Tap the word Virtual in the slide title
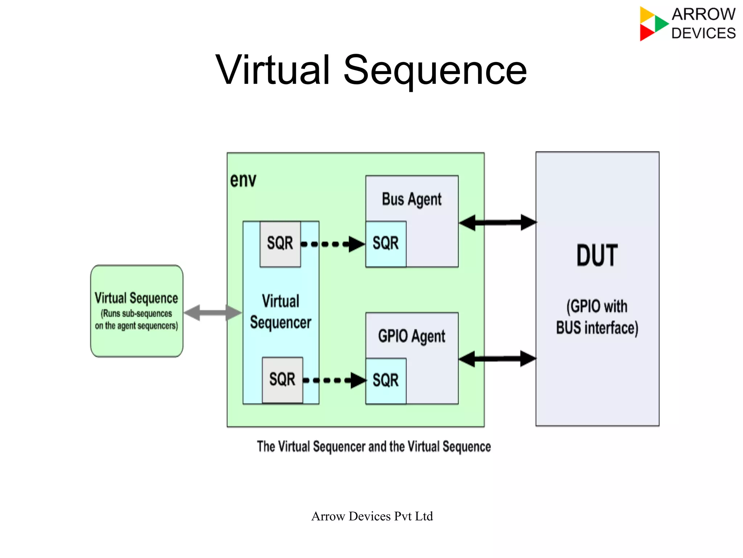click(x=272, y=70)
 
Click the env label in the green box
click(x=243, y=180)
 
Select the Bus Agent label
click(x=411, y=199)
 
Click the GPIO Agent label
click(x=411, y=336)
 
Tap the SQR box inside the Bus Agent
click(x=386, y=244)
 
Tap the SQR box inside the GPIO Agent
click(x=386, y=380)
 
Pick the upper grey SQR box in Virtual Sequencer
click(x=280, y=244)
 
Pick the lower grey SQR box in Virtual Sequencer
click(x=282, y=380)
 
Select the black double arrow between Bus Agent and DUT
click(x=497, y=223)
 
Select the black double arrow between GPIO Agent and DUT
click(x=497, y=359)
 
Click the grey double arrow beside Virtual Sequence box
click(x=213, y=313)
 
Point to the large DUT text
click(x=597, y=256)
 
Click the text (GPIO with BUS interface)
click(x=597, y=317)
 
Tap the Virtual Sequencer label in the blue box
click(x=280, y=312)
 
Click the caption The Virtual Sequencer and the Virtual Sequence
click(x=374, y=447)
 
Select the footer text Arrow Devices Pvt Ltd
click(x=372, y=516)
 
